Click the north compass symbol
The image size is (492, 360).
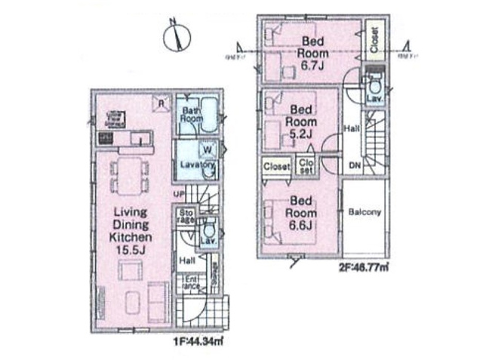[179, 36]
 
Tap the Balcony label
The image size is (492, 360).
[364, 212]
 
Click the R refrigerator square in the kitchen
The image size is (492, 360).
[160, 103]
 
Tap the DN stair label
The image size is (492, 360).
[355, 166]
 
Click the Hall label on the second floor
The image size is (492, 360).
[352, 128]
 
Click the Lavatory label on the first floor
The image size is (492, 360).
[198, 164]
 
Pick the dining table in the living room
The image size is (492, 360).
[130, 175]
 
